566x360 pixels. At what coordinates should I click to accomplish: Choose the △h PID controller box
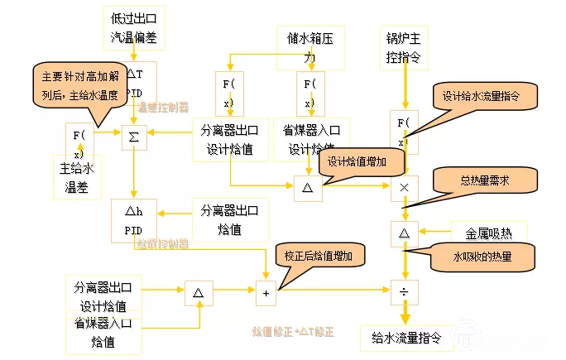[x=135, y=220]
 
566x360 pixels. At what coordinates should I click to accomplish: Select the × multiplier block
[x=404, y=188]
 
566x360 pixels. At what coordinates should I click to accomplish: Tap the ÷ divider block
[x=404, y=291]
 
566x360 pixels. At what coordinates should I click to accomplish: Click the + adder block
[x=266, y=292]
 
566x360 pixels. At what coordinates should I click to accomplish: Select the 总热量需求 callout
[x=483, y=180]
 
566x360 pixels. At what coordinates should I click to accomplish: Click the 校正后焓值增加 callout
[x=318, y=257]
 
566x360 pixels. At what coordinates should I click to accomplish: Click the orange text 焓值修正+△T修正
[x=293, y=331]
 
